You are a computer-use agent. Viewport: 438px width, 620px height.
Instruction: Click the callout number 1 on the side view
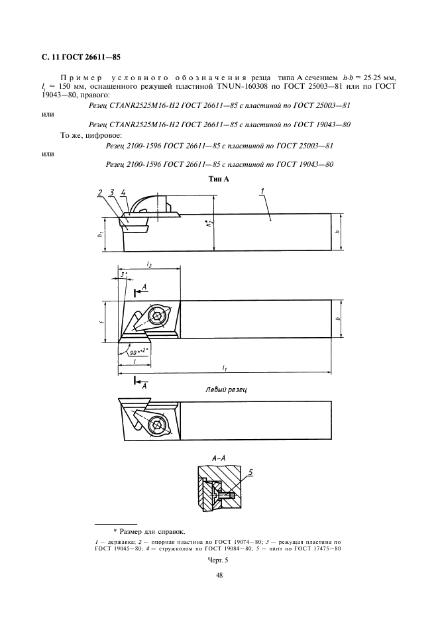tap(263, 192)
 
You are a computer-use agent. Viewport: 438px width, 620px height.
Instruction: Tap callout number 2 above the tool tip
tap(100, 193)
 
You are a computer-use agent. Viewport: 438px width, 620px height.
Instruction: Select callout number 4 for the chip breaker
tap(123, 193)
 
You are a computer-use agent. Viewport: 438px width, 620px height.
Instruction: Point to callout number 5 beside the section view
tap(250, 472)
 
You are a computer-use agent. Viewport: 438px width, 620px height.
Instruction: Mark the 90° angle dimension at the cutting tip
tap(137, 352)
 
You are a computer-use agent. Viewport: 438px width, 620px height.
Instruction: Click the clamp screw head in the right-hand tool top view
tap(158, 316)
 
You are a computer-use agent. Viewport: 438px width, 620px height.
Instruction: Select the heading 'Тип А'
tap(218, 179)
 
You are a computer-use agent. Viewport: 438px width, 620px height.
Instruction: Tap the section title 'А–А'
tap(219, 458)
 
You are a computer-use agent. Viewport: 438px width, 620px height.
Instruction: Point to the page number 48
tap(219, 576)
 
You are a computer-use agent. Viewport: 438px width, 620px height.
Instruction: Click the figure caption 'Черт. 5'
tap(218, 560)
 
